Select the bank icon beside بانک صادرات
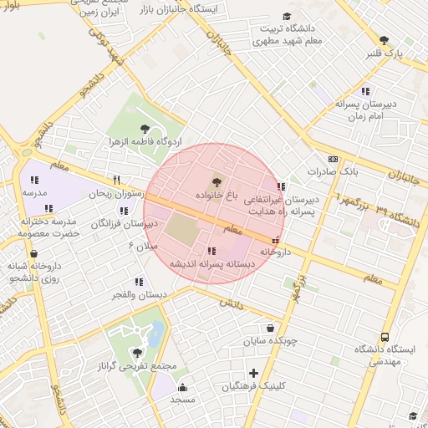coord(334,159)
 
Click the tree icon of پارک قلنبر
coord(384,40)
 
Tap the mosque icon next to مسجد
coord(183,387)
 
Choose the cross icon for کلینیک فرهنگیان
coord(253,373)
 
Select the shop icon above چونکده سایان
coord(270,329)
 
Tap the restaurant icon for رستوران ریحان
coord(117,179)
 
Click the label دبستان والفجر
coord(140,295)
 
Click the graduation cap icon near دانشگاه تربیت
coord(287,16)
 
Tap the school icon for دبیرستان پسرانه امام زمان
coord(364,91)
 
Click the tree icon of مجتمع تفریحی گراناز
coord(136,353)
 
